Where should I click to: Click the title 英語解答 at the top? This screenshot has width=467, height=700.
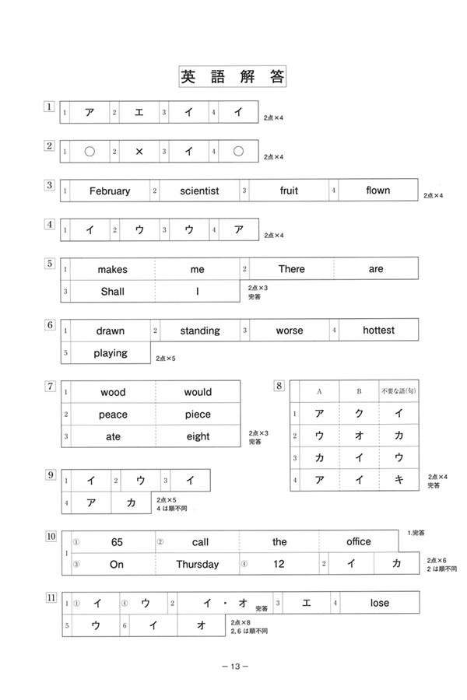click(233, 76)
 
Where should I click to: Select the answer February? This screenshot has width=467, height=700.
click(110, 191)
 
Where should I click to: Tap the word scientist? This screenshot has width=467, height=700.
click(199, 191)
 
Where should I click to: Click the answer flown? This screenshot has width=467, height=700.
click(377, 190)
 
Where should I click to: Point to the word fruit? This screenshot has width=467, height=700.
click(289, 191)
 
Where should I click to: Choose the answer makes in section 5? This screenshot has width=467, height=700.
click(112, 269)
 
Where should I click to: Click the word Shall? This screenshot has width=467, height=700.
click(112, 292)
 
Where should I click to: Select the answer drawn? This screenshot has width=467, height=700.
click(111, 331)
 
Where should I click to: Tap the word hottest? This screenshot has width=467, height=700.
click(378, 330)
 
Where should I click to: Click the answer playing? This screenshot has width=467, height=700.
click(111, 353)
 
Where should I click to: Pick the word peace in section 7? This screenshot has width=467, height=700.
click(113, 415)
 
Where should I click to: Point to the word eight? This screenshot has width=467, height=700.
click(198, 437)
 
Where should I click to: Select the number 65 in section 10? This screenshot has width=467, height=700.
click(118, 542)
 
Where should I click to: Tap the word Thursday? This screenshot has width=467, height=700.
click(197, 565)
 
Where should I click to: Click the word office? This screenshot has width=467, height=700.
click(358, 542)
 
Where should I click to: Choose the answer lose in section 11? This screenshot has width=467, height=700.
click(379, 603)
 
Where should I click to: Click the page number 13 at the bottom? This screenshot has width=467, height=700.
click(233, 667)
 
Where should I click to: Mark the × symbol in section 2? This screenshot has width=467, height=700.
click(139, 152)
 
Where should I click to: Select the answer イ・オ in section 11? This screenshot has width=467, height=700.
click(213, 603)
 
